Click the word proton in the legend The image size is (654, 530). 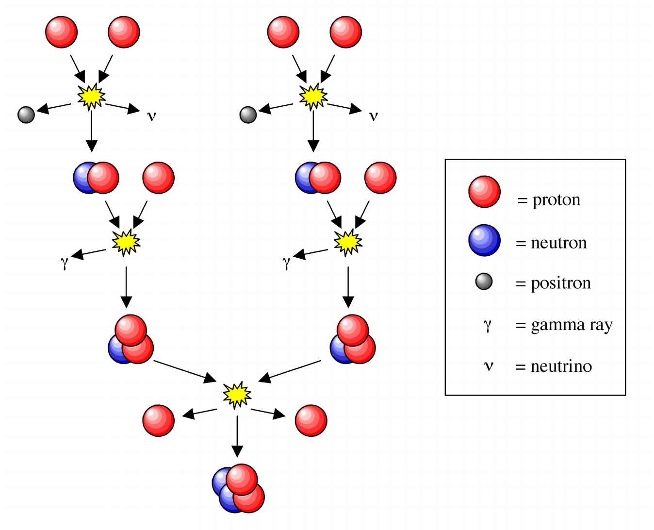pyautogui.click(x=556, y=200)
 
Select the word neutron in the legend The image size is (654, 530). pyautogui.click(x=559, y=243)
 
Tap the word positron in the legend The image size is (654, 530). pyautogui.click(x=560, y=283)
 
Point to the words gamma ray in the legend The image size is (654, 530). pyautogui.click(x=572, y=325)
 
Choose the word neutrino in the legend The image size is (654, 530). pyautogui.click(x=561, y=366)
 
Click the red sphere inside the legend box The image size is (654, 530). pyautogui.click(x=484, y=192)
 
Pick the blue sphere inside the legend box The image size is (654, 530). pyautogui.click(x=484, y=240)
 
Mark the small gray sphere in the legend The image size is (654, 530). pyautogui.click(x=484, y=282)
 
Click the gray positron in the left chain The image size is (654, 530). pyautogui.click(x=26, y=115)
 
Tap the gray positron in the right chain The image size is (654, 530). pyautogui.click(x=248, y=115)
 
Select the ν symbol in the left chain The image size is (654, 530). pyautogui.click(x=151, y=116)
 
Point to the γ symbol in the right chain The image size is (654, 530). pyautogui.click(x=286, y=263)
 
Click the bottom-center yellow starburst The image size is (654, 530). pyautogui.click(x=237, y=395)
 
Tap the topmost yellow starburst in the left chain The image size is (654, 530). pyautogui.click(x=91, y=96)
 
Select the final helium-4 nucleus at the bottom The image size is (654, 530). pyautogui.click(x=238, y=489)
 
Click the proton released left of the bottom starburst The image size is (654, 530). pyautogui.click(x=158, y=420)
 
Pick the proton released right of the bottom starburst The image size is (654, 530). pyautogui.click(x=311, y=420)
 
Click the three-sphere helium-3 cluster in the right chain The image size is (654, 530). pyautogui.click(x=353, y=340)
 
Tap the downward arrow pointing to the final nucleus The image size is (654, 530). pyautogui.click(x=237, y=437)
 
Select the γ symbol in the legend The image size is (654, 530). pyautogui.click(x=488, y=325)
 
